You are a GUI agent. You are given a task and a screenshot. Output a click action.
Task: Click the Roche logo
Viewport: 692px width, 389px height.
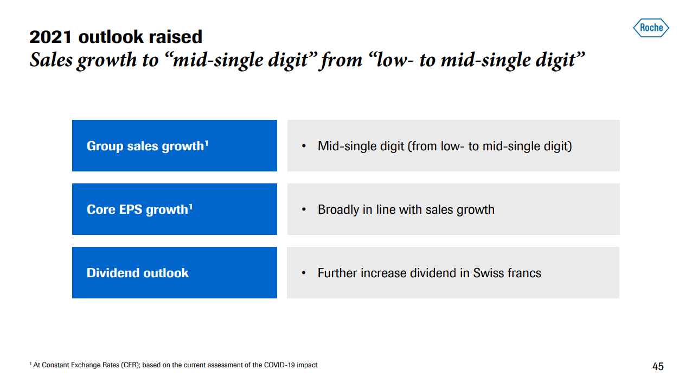651,28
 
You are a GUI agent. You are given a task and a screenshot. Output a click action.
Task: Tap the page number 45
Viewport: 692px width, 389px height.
658,366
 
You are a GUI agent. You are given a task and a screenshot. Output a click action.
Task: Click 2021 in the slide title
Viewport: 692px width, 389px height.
50,37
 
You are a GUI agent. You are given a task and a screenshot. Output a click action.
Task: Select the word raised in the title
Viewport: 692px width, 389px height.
176,37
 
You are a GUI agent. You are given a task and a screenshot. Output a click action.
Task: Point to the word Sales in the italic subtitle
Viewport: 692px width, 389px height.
52,60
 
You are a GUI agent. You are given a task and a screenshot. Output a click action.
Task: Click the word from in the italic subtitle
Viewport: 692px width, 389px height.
342,60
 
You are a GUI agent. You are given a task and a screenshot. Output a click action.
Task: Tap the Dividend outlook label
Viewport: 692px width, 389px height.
137,273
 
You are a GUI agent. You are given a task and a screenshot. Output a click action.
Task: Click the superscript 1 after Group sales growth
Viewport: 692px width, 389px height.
207,143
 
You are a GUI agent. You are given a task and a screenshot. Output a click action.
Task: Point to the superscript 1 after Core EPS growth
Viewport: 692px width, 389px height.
190,207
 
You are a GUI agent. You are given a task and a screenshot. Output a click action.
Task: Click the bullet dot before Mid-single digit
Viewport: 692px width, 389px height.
304,146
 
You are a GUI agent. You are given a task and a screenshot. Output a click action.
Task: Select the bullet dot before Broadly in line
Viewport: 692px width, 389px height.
304,209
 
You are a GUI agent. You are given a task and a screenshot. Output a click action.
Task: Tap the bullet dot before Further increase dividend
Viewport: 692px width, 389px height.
304,273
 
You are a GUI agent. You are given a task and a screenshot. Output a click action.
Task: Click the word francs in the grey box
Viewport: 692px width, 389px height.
524,273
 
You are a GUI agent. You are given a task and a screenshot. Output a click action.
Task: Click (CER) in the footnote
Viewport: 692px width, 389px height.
130,365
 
